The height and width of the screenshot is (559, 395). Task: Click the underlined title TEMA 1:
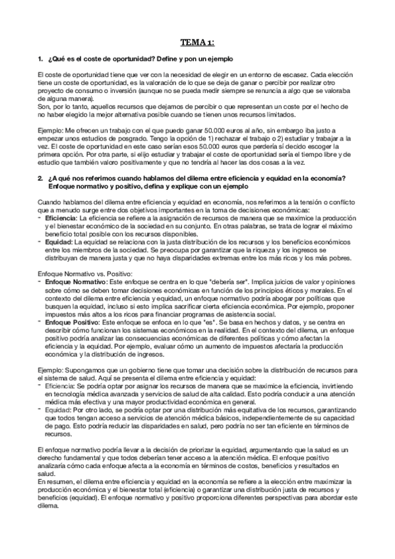[197, 44]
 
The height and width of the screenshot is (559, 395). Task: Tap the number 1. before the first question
[42, 60]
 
